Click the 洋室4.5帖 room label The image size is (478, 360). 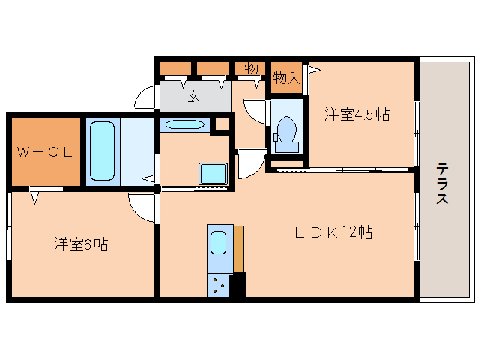click(x=357, y=114)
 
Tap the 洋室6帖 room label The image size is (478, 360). click(x=80, y=244)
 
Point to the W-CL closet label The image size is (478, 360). click(x=45, y=152)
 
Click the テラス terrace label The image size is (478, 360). click(x=443, y=184)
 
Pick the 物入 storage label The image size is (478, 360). click(x=285, y=77)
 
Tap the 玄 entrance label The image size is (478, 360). click(x=194, y=95)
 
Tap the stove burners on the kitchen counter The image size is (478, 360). click(x=219, y=284)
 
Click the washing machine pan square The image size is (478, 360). click(x=212, y=173)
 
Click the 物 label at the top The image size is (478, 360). click(x=251, y=68)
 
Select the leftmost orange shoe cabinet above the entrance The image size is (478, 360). click(x=176, y=68)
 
